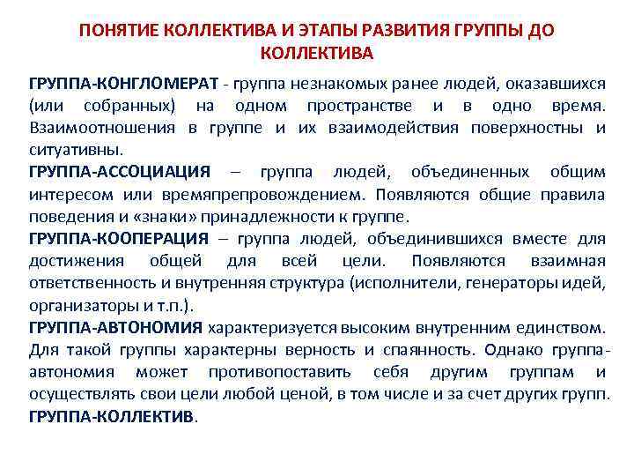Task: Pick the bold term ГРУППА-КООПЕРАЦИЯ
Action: click(x=119, y=238)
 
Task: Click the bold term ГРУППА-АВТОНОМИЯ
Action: click(x=115, y=327)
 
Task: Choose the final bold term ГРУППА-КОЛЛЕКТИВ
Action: click(x=112, y=415)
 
